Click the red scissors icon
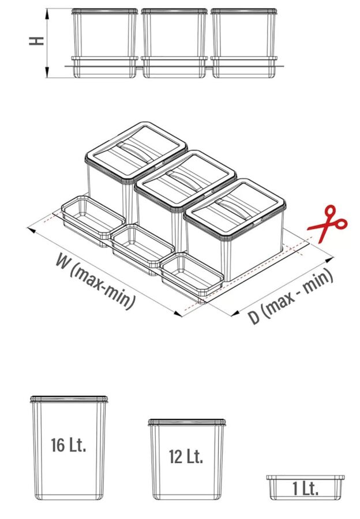(326, 223)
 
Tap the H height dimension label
(36, 41)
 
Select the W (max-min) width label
(95, 281)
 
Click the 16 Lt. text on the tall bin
(69, 445)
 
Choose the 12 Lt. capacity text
(186, 457)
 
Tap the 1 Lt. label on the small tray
(306, 488)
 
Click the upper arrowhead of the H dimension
(47, 14)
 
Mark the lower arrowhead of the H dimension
(47, 72)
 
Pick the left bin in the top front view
(104, 43)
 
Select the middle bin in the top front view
(174, 43)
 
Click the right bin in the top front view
(244, 43)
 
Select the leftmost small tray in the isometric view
(93, 220)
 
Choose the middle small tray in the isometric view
(142, 249)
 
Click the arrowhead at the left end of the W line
(32, 230)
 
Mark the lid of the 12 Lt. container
(187, 422)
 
